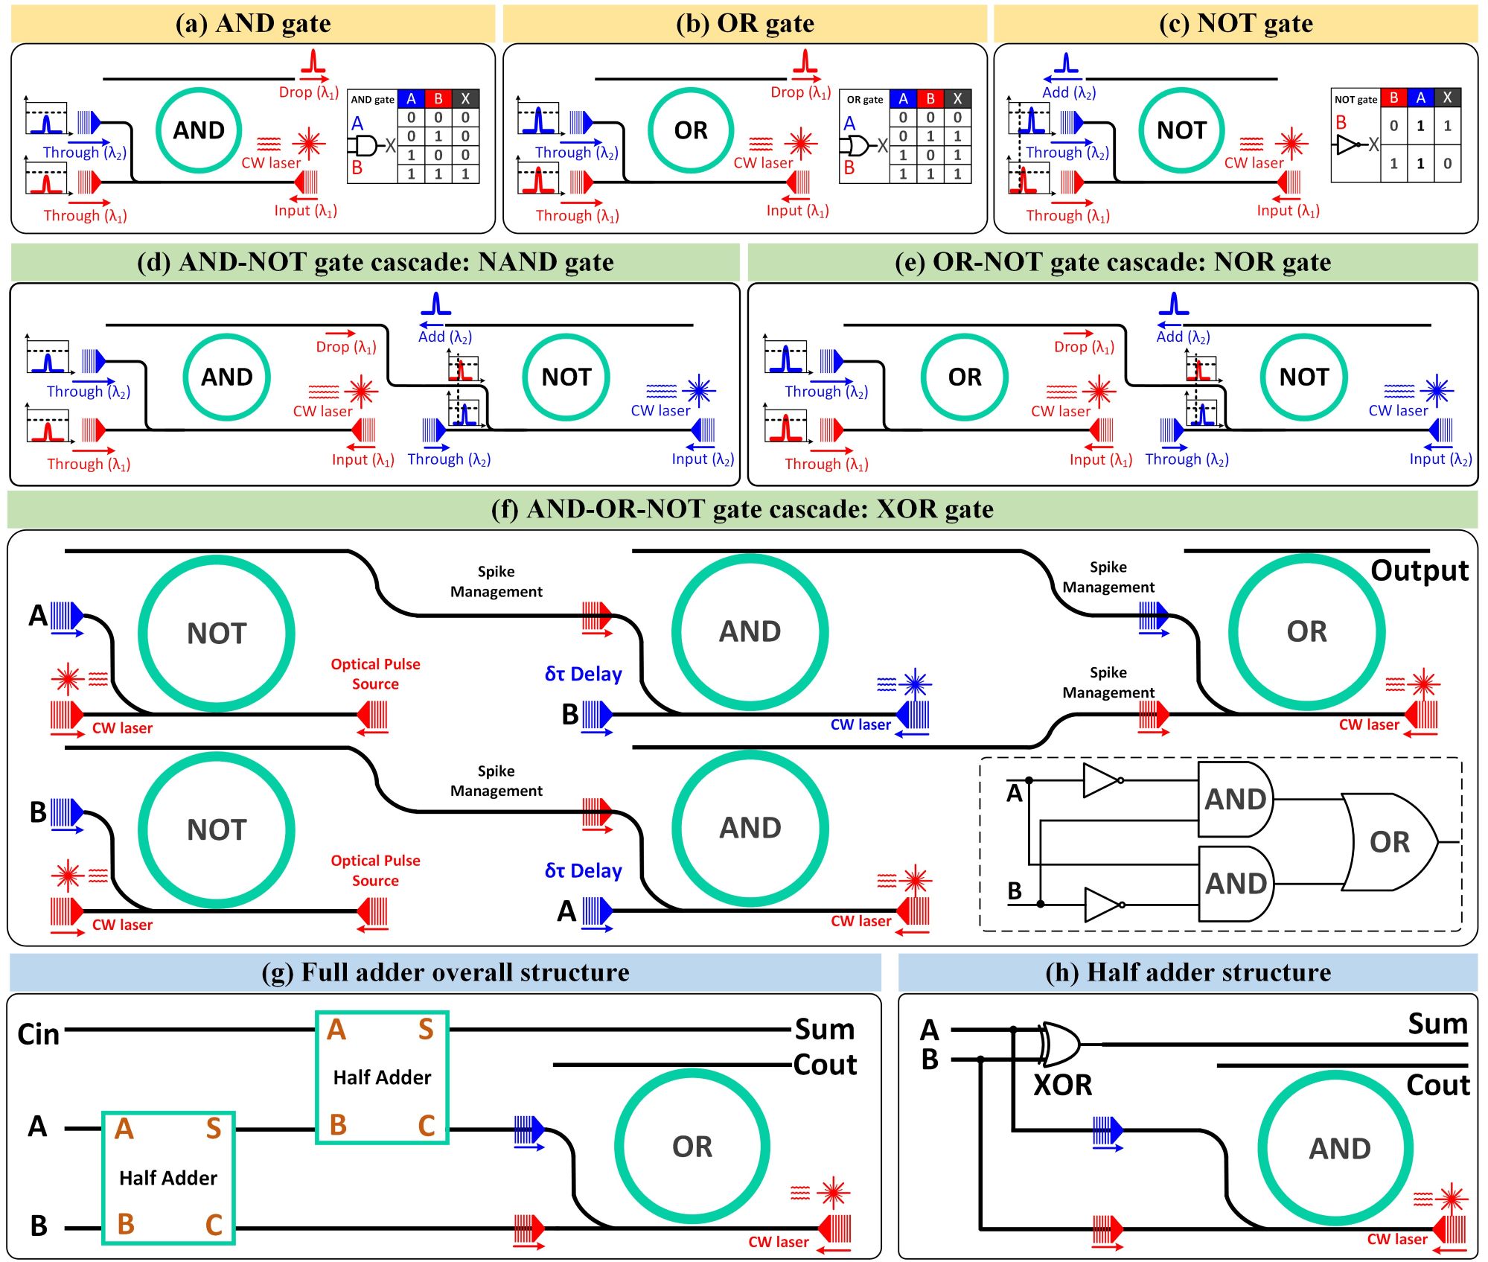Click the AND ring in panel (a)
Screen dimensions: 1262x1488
pos(199,130)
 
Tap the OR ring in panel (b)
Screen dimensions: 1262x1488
pos(691,130)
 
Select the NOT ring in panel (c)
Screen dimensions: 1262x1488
pos(1181,130)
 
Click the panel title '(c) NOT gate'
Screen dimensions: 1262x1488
pos(1236,24)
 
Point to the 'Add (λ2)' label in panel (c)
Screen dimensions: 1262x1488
pos(1068,92)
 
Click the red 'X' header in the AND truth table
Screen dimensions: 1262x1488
pos(465,99)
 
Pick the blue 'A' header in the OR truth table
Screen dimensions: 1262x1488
pos(903,99)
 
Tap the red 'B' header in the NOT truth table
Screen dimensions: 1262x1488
pos(1393,98)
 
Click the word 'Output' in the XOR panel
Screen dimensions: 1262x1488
pos(1420,570)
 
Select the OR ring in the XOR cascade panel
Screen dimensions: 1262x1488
pos(1306,631)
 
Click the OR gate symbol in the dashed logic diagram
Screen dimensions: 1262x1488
pos(1389,842)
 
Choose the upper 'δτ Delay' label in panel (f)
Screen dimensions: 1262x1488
pos(584,674)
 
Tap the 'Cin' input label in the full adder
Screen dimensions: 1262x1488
pos(38,1034)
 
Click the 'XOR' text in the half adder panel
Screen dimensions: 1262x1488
pos(1062,1085)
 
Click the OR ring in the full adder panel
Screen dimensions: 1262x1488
pos(692,1147)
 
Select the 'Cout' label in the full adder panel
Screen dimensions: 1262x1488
pos(825,1065)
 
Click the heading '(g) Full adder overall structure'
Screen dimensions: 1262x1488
pos(445,972)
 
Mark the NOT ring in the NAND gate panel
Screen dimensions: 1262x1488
pos(566,377)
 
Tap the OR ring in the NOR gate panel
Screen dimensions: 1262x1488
pos(965,377)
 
